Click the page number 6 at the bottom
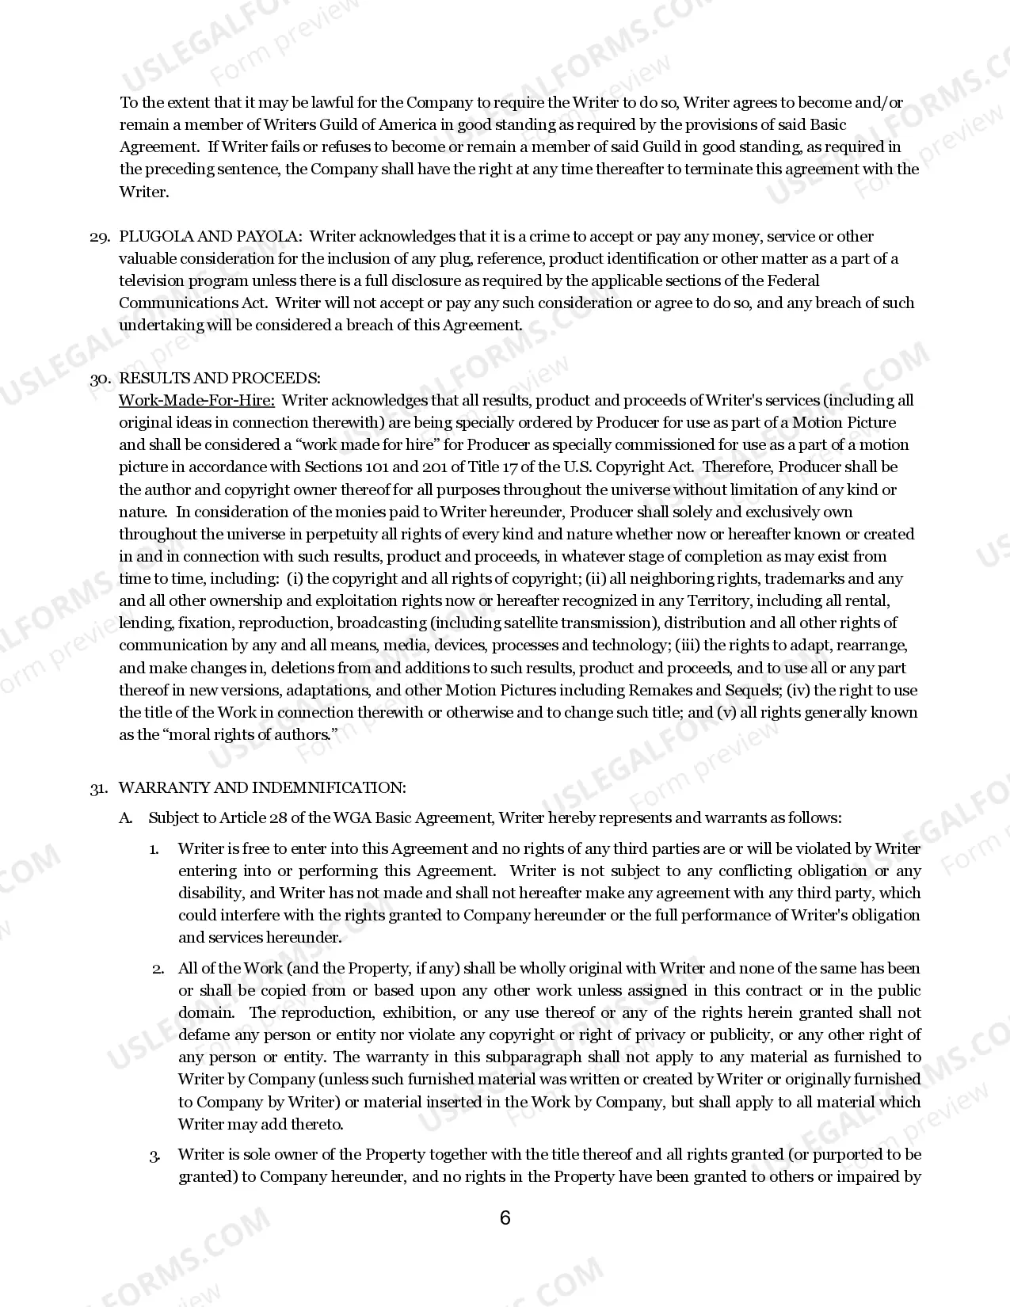click(505, 1217)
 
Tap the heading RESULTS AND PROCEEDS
click(219, 378)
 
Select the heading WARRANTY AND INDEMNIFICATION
click(262, 787)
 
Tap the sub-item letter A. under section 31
click(126, 817)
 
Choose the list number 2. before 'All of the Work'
click(158, 968)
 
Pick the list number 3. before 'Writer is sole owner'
click(155, 1155)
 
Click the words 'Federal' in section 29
click(793, 280)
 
